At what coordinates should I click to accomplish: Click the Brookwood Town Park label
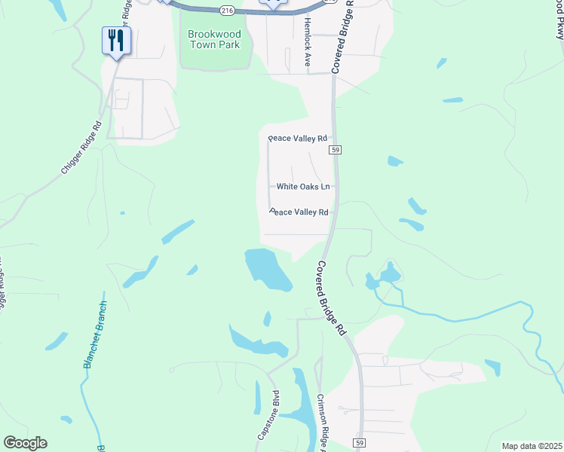214,39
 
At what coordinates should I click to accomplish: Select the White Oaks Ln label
303,187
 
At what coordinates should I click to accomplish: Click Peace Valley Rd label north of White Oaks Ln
298,139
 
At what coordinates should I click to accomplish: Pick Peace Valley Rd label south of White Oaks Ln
299,212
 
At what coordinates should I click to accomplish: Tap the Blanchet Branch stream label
93,334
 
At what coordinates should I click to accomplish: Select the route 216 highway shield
227,11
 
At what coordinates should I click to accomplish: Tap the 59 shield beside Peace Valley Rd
336,151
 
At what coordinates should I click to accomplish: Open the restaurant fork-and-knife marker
116,41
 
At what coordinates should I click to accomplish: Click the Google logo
26,443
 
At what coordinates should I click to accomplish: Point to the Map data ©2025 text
532,446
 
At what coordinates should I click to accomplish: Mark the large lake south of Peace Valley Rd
268,270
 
